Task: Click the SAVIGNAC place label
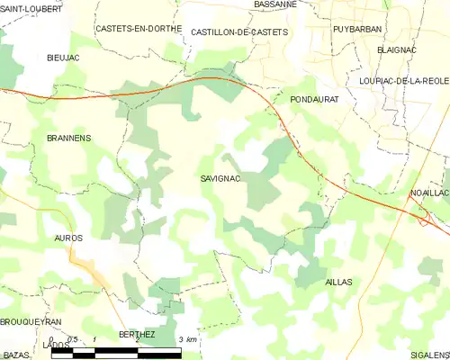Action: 220,179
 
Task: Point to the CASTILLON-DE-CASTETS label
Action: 239,31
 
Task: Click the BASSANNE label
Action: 275,4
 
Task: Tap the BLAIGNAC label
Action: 396,49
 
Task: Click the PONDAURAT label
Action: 314,100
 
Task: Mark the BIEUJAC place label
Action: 64,57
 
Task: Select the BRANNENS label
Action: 68,138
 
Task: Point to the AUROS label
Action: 68,238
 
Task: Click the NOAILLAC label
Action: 429,193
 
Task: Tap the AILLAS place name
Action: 337,282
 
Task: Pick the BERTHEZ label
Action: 137,334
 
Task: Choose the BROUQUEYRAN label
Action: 31,321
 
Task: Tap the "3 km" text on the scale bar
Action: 187,338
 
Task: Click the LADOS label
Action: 56,345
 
